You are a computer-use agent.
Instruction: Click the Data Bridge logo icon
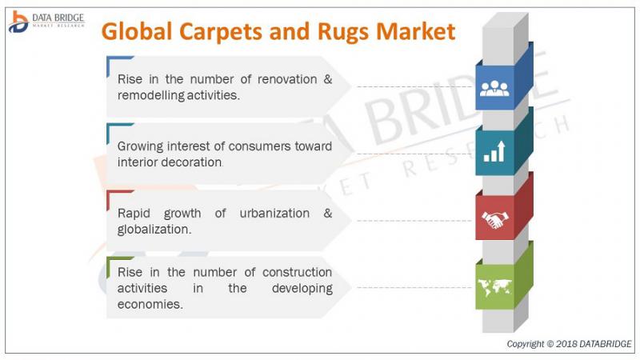click(x=18, y=22)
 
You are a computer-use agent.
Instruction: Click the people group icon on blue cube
click(x=494, y=88)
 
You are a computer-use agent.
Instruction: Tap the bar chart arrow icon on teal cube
click(x=494, y=151)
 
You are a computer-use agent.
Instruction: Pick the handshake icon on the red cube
click(x=494, y=219)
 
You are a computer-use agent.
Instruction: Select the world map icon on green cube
click(x=494, y=287)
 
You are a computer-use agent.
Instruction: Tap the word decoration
click(x=193, y=162)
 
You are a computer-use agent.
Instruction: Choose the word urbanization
click(x=274, y=214)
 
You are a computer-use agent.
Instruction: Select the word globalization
click(x=154, y=230)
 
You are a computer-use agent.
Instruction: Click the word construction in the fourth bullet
click(x=297, y=272)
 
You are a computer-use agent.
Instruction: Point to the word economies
click(x=150, y=305)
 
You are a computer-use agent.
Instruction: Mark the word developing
click(x=302, y=289)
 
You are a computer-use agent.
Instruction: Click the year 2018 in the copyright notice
click(x=566, y=344)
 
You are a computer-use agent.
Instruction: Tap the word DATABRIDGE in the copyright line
click(x=605, y=344)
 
